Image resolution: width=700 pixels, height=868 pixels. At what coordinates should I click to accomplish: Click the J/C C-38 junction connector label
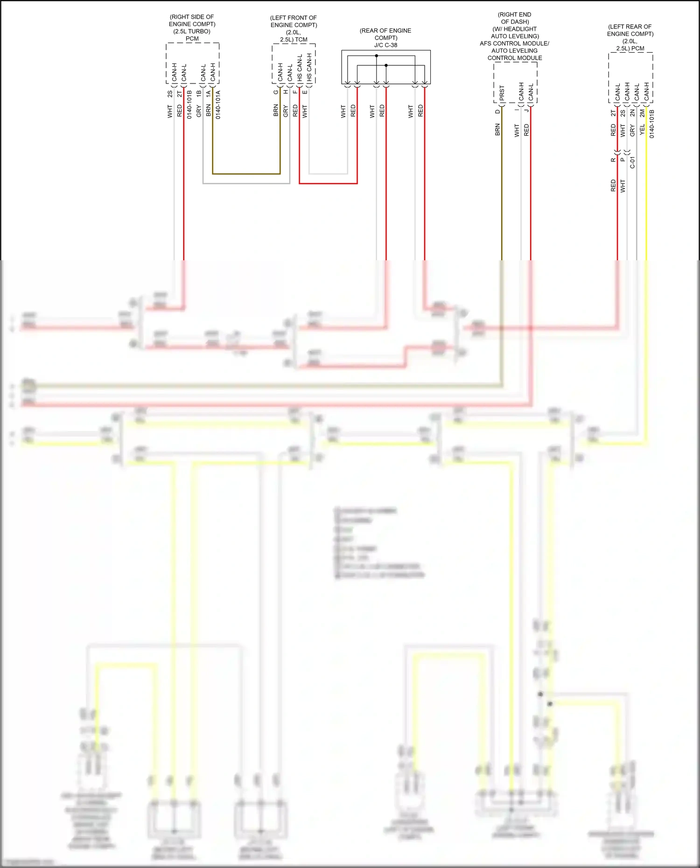(385, 45)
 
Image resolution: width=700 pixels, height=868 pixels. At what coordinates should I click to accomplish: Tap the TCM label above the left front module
(301, 40)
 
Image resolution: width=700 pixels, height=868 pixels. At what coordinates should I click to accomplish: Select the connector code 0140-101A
(218, 104)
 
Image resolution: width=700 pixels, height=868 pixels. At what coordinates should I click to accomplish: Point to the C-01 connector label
(633, 162)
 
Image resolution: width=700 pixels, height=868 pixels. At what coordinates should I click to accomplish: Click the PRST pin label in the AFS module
(502, 92)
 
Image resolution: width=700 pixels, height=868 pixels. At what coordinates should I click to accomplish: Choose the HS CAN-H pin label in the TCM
(309, 68)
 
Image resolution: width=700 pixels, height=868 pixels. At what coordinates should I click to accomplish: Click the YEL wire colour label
(642, 130)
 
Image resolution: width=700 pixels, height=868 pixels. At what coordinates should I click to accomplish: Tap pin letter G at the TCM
(276, 92)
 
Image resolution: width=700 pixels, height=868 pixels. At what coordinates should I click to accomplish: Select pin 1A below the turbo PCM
(208, 93)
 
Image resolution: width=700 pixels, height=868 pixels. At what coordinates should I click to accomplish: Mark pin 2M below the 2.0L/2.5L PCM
(642, 113)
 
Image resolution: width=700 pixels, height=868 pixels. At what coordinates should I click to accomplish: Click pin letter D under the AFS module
(497, 111)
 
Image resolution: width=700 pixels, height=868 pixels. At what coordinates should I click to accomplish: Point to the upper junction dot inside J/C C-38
(376, 56)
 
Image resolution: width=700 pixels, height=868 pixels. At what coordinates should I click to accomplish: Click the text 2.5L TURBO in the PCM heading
(192, 31)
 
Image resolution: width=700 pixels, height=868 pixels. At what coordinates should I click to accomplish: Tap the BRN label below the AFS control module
(497, 130)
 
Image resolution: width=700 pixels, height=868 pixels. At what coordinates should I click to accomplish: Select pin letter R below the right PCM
(613, 160)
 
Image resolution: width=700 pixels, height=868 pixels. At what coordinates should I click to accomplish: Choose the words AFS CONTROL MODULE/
(514, 43)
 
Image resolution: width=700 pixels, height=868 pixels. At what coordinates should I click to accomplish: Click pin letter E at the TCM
(305, 92)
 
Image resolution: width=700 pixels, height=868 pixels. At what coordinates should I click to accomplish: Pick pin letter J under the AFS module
(526, 110)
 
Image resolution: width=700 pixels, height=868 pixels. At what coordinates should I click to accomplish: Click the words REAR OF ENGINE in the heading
(385, 31)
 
